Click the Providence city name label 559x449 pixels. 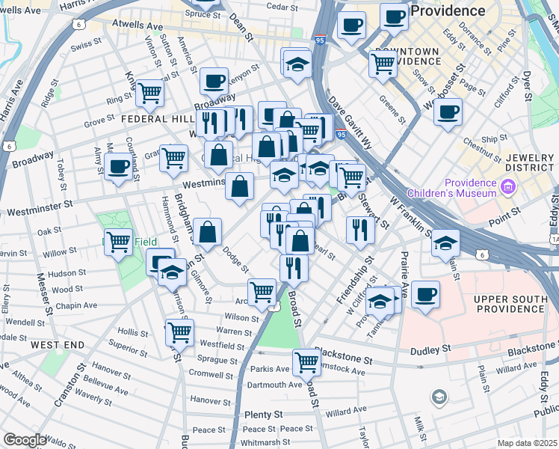[448, 10]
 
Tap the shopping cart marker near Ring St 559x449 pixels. [149, 92]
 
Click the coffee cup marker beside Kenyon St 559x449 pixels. [214, 79]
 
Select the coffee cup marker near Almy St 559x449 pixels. [118, 165]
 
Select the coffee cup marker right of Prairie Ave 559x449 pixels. [425, 293]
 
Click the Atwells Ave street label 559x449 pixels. [137, 25]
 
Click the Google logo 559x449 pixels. [24, 440]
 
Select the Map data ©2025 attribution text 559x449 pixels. [528, 443]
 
